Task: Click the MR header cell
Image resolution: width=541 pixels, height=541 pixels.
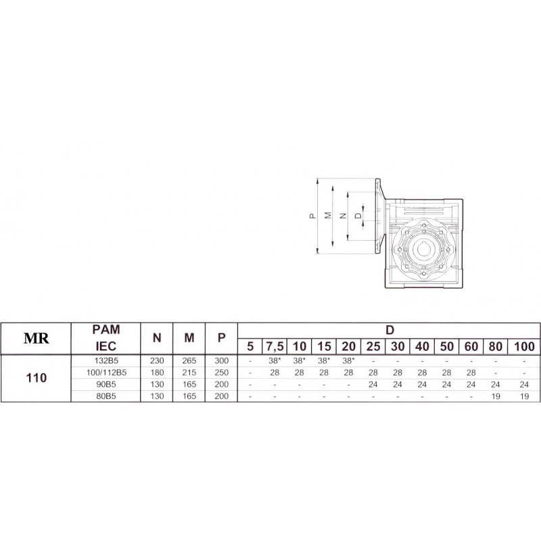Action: [37, 339]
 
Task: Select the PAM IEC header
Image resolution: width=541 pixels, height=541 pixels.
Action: [106, 337]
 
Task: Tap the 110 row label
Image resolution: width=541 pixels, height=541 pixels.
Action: [37, 378]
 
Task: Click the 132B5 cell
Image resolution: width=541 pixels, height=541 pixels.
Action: [106, 361]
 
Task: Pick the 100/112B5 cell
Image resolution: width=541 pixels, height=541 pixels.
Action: [106, 373]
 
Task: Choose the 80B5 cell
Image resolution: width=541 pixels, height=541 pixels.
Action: [106, 396]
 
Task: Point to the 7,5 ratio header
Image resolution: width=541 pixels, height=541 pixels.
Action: [275, 346]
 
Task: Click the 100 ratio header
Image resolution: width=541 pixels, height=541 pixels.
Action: [524, 346]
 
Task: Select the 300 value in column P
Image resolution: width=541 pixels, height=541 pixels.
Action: [222, 361]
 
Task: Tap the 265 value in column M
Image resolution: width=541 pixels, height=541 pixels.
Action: [189, 361]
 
